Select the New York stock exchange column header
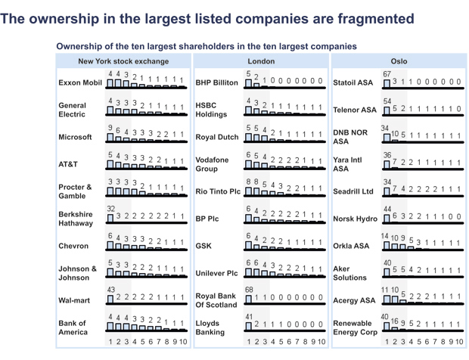tap(123, 61)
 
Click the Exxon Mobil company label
tap(79, 82)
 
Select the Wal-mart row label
tap(76, 300)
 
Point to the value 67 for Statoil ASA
tap(387, 74)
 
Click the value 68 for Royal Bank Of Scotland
tap(250, 291)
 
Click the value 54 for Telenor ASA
tap(387, 101)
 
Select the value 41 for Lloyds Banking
tap(250, 318)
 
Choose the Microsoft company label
tap(75, 138)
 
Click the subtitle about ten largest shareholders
tap(207, 46)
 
